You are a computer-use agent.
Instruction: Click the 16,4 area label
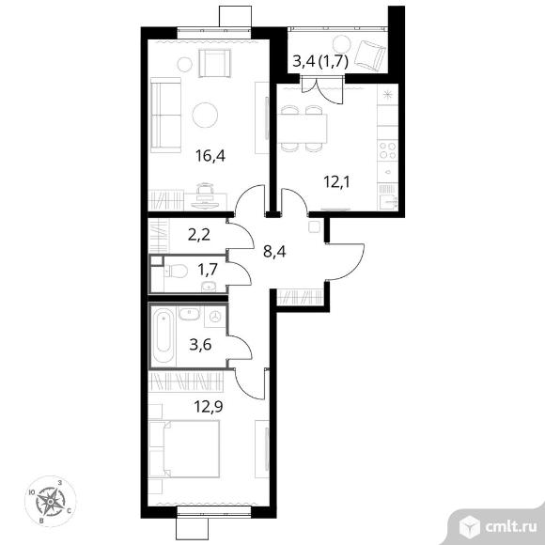(x=210, y=156)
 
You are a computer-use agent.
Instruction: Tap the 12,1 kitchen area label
(x=337, y=181)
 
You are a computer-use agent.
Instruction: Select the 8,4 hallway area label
(x=274, y=251)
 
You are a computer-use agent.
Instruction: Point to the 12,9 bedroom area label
(x=209, y=406)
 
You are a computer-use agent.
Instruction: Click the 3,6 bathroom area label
(x=200, y=345)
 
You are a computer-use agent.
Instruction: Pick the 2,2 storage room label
(x=199, y=235)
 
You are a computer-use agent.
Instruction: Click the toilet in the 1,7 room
(x=177, y=271)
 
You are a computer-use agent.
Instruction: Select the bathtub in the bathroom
(x=163, y=335)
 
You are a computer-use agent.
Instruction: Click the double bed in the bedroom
(x=184, y=449)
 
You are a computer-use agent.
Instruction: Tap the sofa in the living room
(x=165, y=115)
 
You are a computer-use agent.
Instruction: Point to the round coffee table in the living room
(x=205, y=115)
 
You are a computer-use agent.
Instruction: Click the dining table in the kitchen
(x=303, y=129)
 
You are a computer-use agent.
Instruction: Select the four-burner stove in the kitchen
(x=387, y=150)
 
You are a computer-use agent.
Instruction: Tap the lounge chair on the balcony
(x=371, y=54)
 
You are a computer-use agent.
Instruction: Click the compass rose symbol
(x=51, y=501)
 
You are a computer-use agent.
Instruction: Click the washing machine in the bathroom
(x=215, y=317)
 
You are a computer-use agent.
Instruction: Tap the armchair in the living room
(x=215, y=63)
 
